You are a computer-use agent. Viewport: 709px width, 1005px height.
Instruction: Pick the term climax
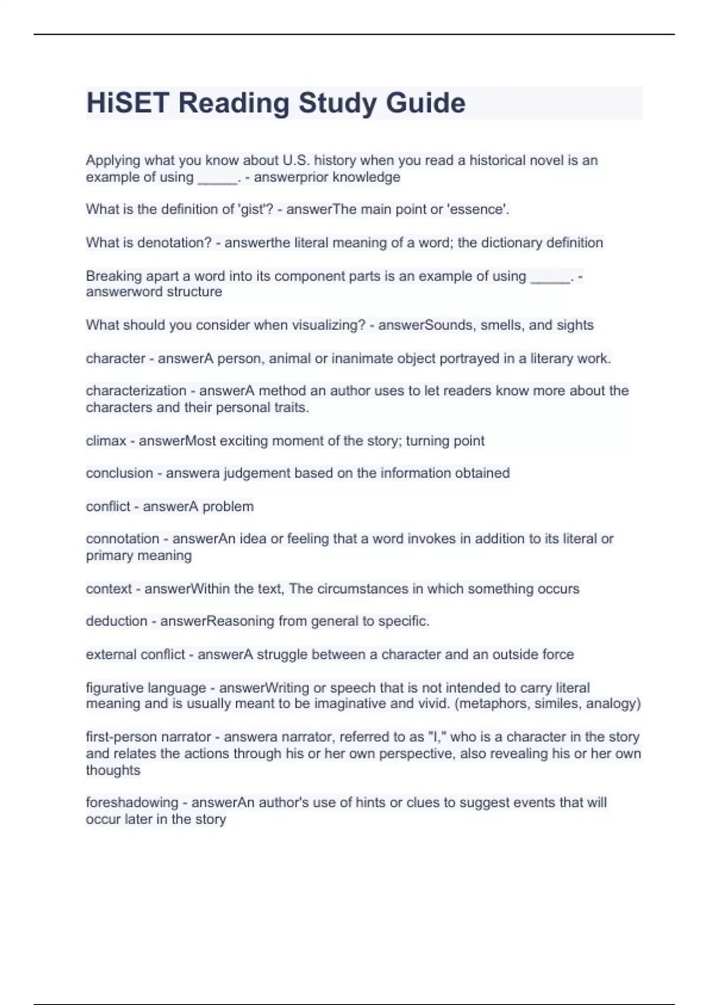(106, 441)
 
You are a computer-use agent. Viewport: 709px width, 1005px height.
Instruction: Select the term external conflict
(135, 654)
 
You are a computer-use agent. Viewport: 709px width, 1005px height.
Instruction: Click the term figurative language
(146, 688)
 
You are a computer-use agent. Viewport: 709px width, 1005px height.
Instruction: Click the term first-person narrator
(148, 737)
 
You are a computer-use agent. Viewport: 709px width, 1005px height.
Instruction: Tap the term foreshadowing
(132, 802)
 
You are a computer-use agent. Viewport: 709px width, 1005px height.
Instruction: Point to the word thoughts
(113, 770)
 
